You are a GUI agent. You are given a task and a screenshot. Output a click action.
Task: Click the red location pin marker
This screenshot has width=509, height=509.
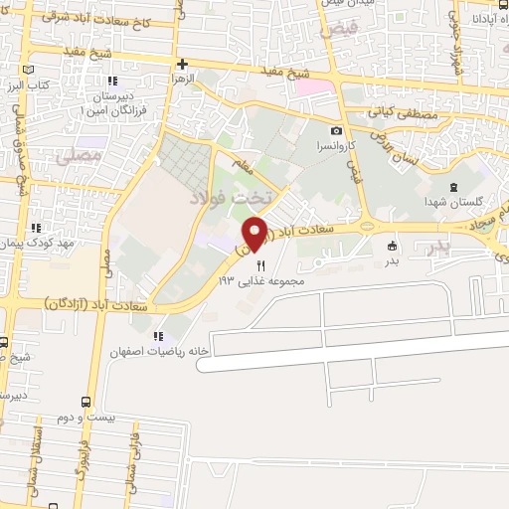(256, 233)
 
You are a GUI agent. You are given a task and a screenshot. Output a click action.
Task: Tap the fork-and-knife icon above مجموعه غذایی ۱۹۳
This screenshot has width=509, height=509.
(260, 265)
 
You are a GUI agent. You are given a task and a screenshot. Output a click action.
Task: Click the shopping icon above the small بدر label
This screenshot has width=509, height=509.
(392, 246)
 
